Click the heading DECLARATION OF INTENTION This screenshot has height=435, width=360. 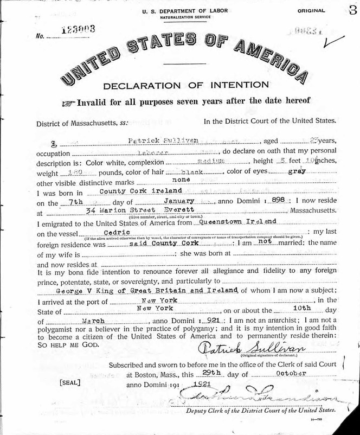click(x=185, y=85)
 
